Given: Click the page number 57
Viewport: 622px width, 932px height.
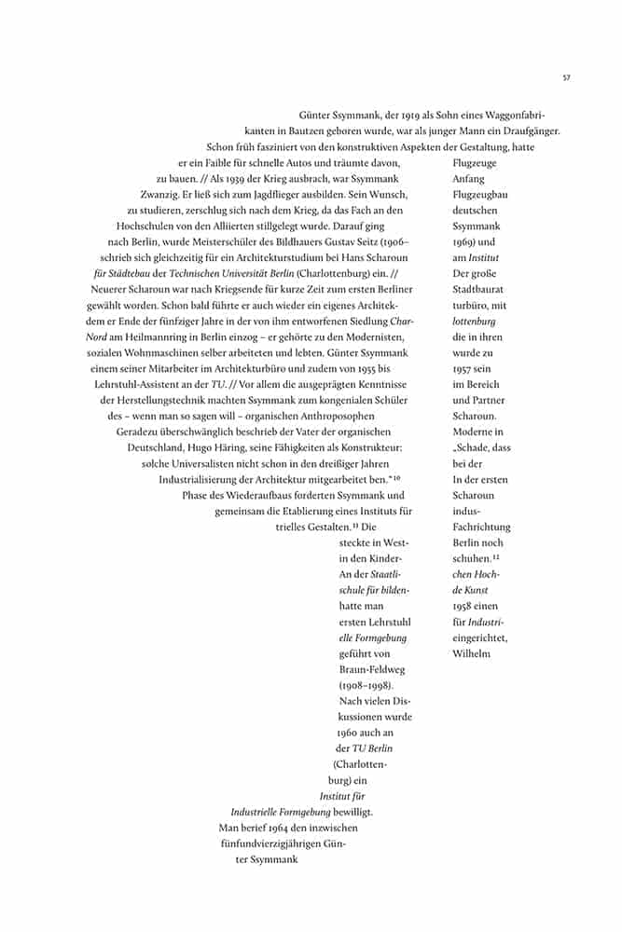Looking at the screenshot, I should pos(566,77).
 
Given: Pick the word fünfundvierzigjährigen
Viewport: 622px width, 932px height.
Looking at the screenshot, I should pos(270,843).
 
